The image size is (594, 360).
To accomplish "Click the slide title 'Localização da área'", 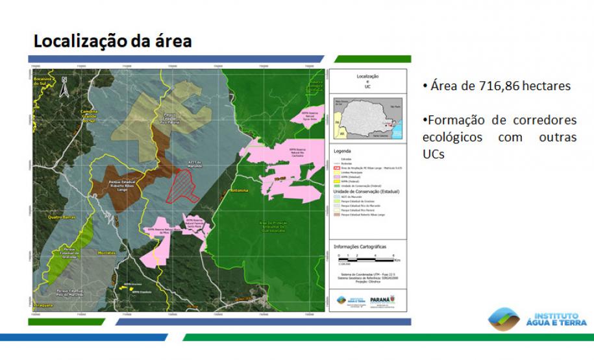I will tap(112, 42).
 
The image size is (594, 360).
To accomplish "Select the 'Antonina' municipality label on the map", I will tap(239, 192).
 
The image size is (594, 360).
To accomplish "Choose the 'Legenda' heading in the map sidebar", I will tap(342, 150).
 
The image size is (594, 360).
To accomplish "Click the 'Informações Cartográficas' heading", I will tap(359, 246).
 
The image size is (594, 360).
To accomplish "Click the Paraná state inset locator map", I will tap(366, 117).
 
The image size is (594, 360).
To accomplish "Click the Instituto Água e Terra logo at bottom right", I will tap(538, 318).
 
